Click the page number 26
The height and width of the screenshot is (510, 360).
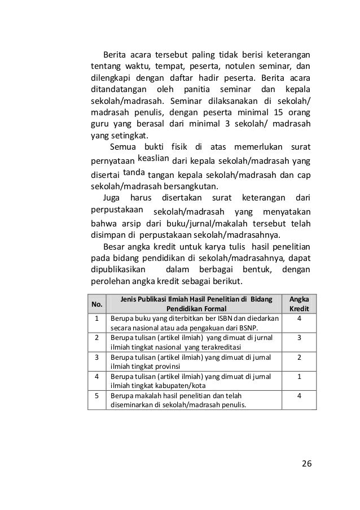pyautogui.click(x=306, y=463)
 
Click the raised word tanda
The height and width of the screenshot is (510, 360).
pyautogui.click(x=134, y=171)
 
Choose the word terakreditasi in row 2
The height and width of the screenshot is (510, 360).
pyautogui.click(x=212, y=346)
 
